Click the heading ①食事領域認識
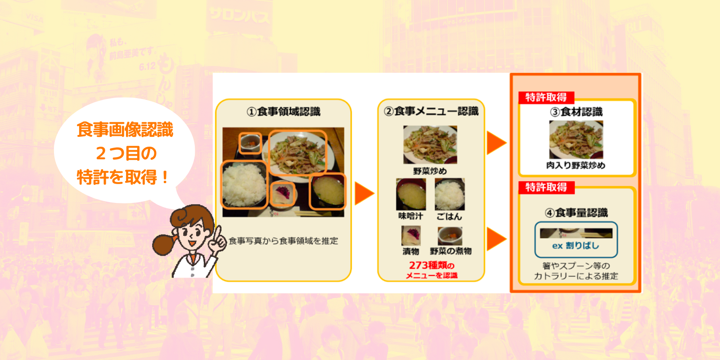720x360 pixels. pyautogui.click(x=283, y=112)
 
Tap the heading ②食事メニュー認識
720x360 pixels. pyautogui.click(x=431, y=111)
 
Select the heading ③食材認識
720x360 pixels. pyautogui.click(x=576, y=112)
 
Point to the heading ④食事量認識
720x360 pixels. pyautogui.click(x=576, y=212)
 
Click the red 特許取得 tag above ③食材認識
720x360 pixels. pyautogui.click(x=546, y=97)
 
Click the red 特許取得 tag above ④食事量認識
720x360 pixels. pyautogui.click(x=546, y=187)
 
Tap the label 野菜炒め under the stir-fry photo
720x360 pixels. pyautogui.click(x=430, y=171)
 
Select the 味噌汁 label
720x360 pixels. pyautogui.click(x=410, y=216)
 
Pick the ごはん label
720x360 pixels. pyautogui.click(x=449, y=216)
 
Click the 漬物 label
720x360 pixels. pyautogui.click(x=410, y=251)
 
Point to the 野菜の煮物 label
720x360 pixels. pyautogui.click(x=450, y=251)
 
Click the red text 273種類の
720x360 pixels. pyautogui.click(x=432, y=265)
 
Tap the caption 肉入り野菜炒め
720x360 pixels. pyautogui.click(x=576, y=165)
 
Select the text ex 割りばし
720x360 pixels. pyautogui.click(x=576, y=246)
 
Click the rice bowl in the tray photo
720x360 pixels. pyautogui.click(x=244, y=184)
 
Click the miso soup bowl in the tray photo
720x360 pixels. pyautogui.click(x=328, y=191)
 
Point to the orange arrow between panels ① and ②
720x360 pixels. pyautogui.click(x=364, y=193)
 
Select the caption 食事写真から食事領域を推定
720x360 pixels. pyautogui.click(x=283, y=241)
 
